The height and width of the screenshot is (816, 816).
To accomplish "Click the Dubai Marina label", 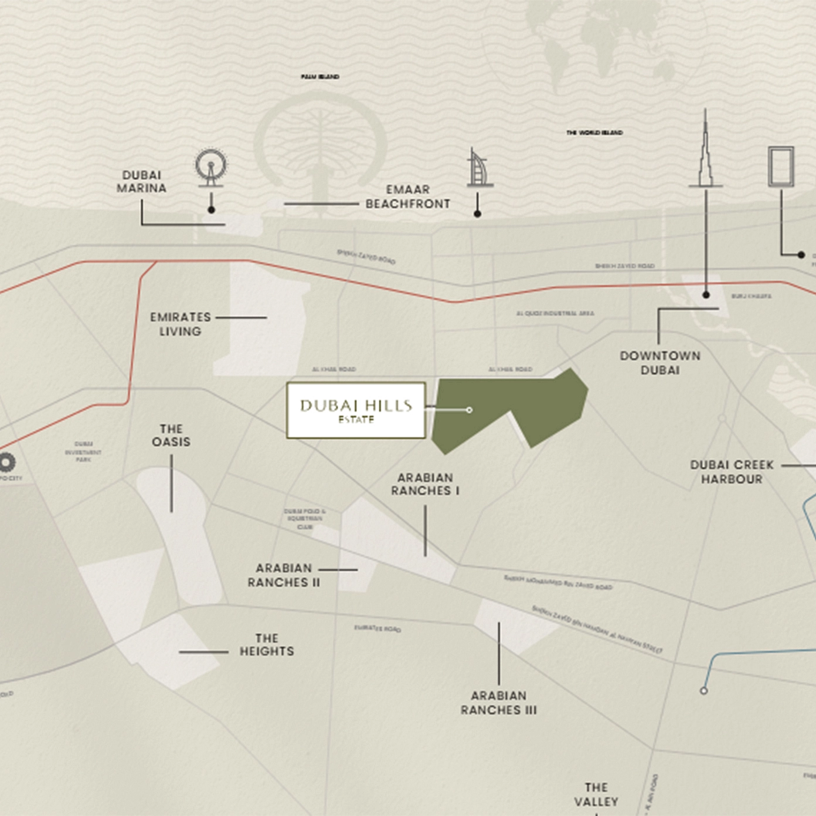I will (x=141, y=182).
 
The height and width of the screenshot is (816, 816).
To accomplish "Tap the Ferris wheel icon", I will (x=210, y=167).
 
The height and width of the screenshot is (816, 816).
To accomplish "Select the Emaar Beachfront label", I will (x=407, y=197).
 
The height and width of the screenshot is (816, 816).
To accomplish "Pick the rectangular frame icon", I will (x=781, y=167).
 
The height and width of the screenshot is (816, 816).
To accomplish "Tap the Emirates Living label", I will (x=180, y=324).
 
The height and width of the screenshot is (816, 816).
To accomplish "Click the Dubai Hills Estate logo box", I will (x=356, y=410).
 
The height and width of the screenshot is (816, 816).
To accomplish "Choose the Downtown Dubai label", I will (x=660, y=363).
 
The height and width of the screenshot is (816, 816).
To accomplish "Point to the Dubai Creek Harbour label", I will (x=732, y=472).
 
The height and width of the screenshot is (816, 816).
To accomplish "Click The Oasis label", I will (x=171, y=436).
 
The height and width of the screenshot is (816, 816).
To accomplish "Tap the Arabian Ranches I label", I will (x=425, y=484).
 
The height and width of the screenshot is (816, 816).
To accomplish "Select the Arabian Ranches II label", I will (x=284, y=575).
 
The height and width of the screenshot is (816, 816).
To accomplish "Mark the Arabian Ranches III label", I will (x=498, y=703).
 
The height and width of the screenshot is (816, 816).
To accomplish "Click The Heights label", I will (x=267, y=645).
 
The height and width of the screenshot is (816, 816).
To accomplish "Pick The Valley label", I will (x=596, y=794).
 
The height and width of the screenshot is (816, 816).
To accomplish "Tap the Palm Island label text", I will (x=320, y=77).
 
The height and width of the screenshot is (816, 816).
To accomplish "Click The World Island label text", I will (x=594, y=133).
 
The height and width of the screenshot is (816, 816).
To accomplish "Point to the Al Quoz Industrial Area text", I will (x=555, y=314).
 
